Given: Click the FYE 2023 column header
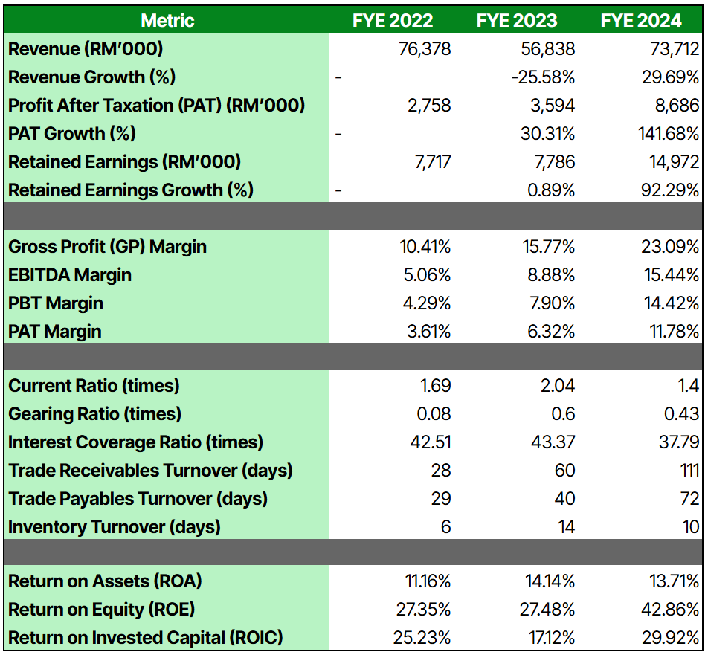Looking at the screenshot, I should tap(516, 20).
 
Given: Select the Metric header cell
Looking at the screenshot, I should tap(167, 20).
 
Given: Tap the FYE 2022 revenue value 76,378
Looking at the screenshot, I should tap(425, 49).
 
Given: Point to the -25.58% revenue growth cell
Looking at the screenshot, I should tap(542, 77).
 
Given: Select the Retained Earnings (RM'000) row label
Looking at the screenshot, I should tap(124, 162).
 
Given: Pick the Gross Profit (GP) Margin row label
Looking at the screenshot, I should tap(107, 247).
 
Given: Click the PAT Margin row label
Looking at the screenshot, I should tap(54, 332).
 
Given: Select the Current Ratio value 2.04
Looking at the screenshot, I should tap(558, 386).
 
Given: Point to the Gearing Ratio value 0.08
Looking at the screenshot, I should tap(435, 414).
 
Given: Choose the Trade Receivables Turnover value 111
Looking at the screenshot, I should tap(688, 471).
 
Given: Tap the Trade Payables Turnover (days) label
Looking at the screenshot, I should tap(138, 499).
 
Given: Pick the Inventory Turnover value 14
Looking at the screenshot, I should tap(566, 527).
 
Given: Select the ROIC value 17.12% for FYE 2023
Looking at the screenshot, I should tap(547, 638).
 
